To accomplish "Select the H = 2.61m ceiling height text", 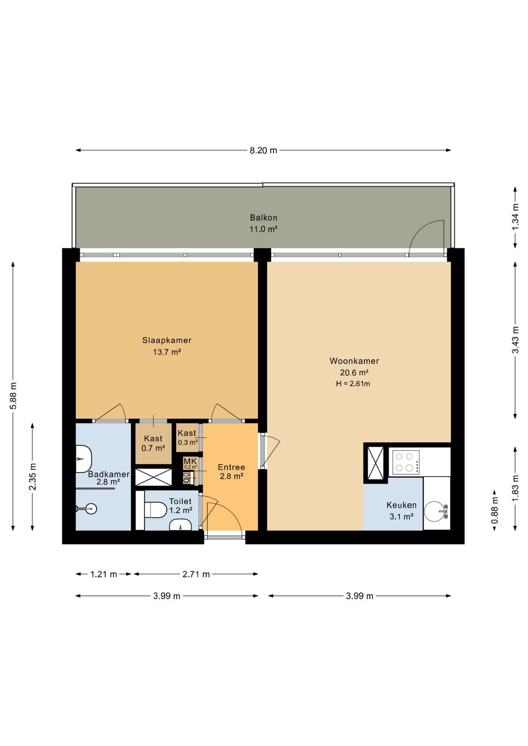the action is [x=353, y=384].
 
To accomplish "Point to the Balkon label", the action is [x=264, y=218].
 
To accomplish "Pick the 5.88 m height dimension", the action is [x=13, y=396].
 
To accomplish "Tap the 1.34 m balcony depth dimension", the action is [x=515, y=217].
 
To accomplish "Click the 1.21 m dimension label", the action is [x=104, y=574].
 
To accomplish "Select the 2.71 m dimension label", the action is [x=196, y=574].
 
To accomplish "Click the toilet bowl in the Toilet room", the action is [x=155, y=509].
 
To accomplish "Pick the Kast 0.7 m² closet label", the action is [x=153, y=443].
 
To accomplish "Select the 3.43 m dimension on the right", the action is [x=515, y=340].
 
